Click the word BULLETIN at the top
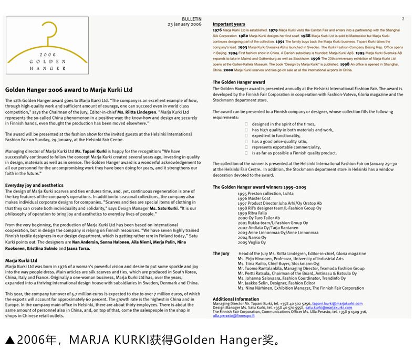[x=191, y=19]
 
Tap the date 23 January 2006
[x=184, y=24]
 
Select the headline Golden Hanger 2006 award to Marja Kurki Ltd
[x=69, y=90]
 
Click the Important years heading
[x=229, y=24]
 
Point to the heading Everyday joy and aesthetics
[x=34, y=185]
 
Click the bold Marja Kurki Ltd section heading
[x=21, y=260]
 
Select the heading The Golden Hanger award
[x=238, y=82]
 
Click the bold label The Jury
[x=221, y=253]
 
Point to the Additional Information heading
[x=236, y=299]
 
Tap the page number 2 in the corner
[x=403, y=19]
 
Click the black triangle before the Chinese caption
[x=10, y=341]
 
